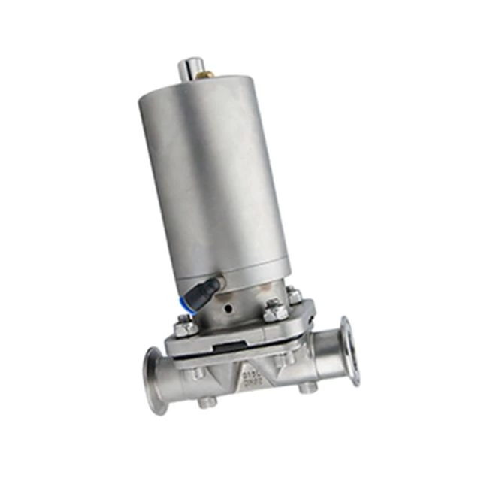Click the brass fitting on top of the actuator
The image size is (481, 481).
(x=205, y=74)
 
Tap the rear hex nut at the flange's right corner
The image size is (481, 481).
(x=295, y=295)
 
